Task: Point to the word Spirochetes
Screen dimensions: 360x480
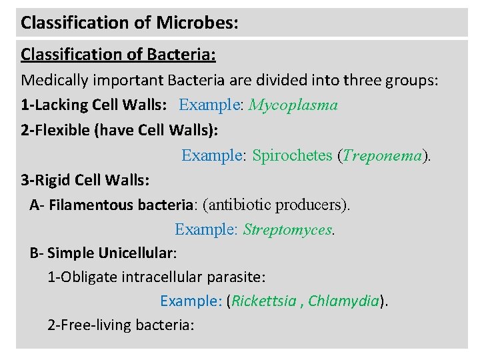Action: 292,155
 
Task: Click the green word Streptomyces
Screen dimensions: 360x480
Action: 287,230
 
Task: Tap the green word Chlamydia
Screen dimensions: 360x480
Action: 344,301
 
